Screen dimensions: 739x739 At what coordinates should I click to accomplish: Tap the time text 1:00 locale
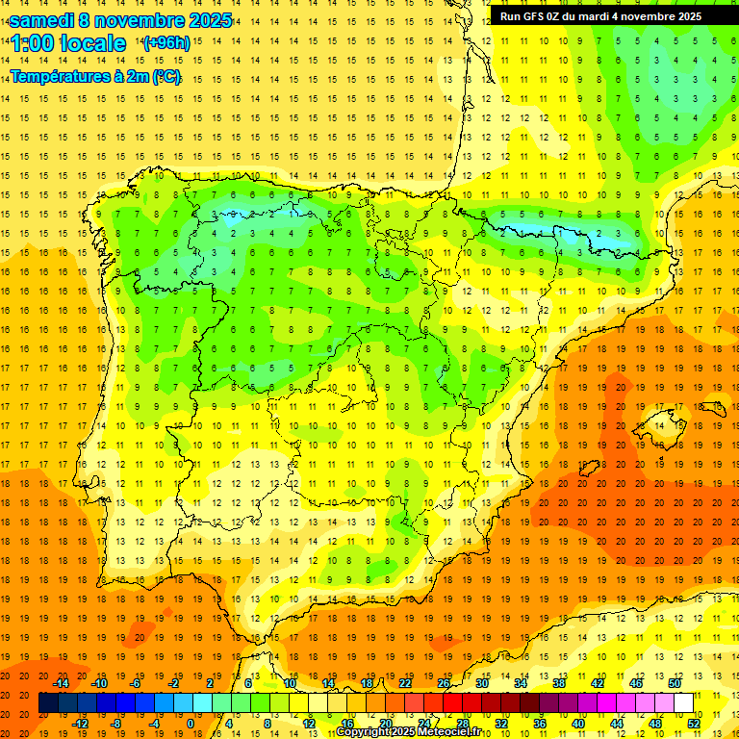coord(68,43)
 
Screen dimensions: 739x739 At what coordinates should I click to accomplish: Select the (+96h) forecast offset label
coord(166,43)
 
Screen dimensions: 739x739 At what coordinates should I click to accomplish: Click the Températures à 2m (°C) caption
coord(95,77)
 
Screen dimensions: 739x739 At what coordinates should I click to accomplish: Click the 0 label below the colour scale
coord(191,723)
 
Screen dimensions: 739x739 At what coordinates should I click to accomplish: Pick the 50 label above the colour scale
coord(675,683)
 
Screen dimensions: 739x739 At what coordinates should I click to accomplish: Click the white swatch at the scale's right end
coord(684,703)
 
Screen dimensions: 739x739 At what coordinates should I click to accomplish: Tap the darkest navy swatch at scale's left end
coord(49,703)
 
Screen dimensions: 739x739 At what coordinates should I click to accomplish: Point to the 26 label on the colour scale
coord(444,683)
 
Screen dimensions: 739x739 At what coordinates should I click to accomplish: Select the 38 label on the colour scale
coord(559,683)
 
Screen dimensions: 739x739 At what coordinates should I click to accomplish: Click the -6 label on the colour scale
coord(136,683)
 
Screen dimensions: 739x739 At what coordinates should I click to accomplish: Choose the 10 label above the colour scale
coord(290,683)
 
